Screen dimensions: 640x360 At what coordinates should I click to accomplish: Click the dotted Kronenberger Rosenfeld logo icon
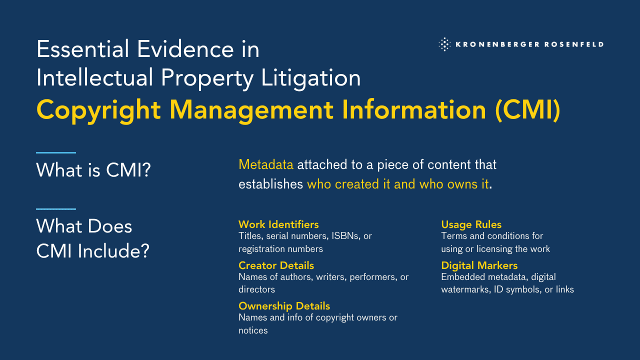pos(444,44)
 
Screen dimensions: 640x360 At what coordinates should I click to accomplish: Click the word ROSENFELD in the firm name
pos(574,44)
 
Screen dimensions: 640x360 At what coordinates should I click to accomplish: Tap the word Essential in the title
pos(83,49)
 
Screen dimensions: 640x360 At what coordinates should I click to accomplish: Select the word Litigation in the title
pos(311,78)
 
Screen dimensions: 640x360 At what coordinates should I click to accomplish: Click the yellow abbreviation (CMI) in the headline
pos(527,110)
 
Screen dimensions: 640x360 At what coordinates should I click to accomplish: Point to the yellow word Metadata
pos(266,164)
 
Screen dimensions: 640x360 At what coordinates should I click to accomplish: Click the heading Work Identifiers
pos(278,224)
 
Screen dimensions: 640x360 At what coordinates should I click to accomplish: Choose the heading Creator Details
pos(276,265)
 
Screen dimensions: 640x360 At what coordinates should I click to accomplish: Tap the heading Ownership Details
pos(284,306)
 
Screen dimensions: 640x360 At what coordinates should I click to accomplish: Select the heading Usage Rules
pos(471,224)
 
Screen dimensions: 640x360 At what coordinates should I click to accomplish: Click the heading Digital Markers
pos(479,265)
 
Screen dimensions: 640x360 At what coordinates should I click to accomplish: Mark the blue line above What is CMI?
pos(56,153)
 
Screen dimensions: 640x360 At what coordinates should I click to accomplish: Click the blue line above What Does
pos(56,209)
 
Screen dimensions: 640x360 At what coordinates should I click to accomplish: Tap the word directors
pos(257,289)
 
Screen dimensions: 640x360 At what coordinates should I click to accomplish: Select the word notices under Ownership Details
pos(253,330)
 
